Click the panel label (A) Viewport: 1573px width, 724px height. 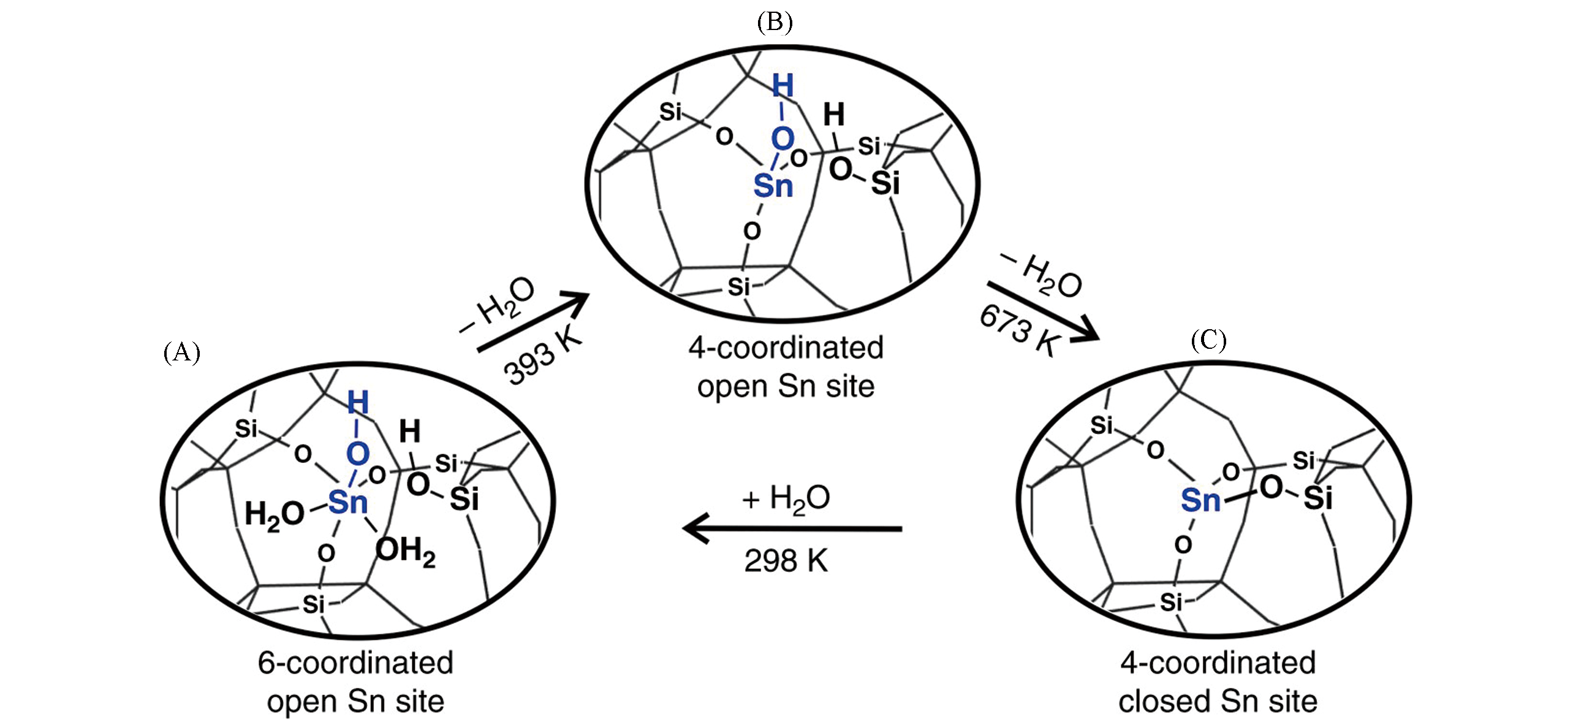click(x=181, y=352)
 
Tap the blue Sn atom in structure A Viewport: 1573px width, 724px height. click(x=347, y=503)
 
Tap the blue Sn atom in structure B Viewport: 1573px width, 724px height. click(x=773, y=185)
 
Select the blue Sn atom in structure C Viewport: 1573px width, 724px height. click(x=1200, y=500)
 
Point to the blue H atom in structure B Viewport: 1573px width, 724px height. click(x=783, y=86)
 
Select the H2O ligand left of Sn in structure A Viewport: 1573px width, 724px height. click(x=274, y=514)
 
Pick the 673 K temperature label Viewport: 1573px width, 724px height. click(x=1019, y=331)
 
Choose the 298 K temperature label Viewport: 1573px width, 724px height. click(x=786, y=560)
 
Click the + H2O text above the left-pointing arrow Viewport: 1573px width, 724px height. click(x=786, y=498)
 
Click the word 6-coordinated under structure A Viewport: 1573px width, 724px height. click(x=355, y=663)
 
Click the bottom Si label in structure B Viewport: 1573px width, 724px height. click(x=738, y=286)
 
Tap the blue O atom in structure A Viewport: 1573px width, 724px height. click(x=357, y=454)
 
